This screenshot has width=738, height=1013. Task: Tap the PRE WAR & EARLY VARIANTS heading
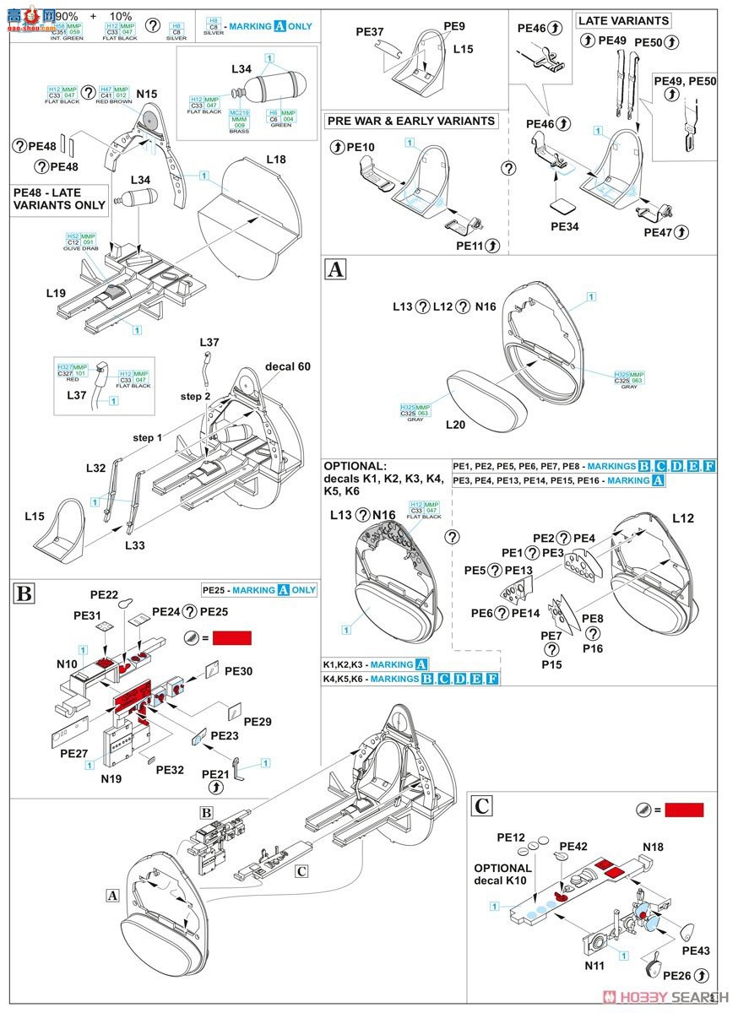tap(412, 121)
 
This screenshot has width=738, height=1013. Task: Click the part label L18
tap(276, 160)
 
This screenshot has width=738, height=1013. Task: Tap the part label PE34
tap(566, 227)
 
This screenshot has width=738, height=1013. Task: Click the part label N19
tap(111, 778)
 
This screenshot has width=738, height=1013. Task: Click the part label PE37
tap(370, 32)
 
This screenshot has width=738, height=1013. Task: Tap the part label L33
tap(135, 545)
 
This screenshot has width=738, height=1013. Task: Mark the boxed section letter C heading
tap(481, 805)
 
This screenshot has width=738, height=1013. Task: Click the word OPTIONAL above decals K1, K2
tap(355, 466)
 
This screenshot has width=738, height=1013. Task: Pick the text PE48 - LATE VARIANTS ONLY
tap(60, 199)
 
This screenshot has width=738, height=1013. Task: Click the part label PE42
tap(572, 846)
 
